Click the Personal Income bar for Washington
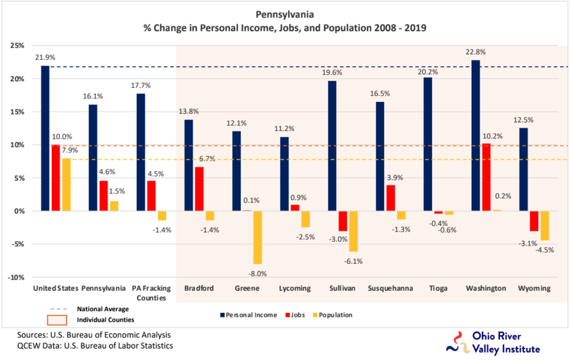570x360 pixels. [x=476, y=135]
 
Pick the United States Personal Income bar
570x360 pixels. [x=45, y=138]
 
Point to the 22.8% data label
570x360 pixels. [x=475, y=52]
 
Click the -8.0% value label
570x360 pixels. [x=256, y=273]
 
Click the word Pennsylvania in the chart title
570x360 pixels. [x=284, y=13]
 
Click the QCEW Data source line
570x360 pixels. [x=95, y=346]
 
